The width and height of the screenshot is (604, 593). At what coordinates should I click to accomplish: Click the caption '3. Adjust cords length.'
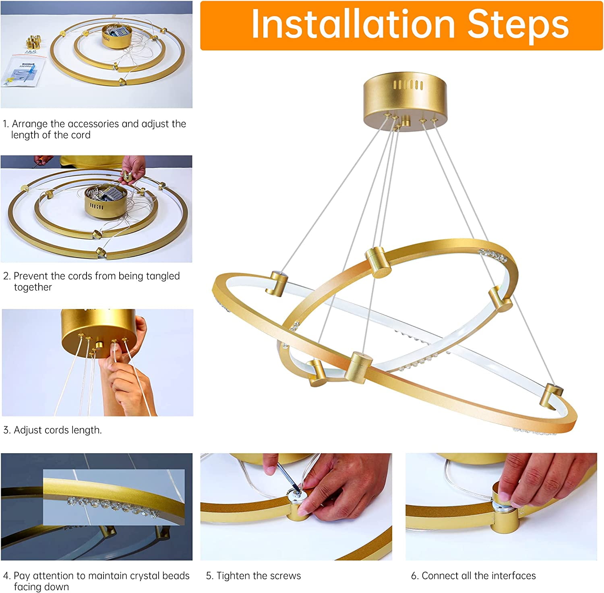(52, 430)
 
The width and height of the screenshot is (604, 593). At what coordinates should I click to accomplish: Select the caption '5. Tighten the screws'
(253, 576)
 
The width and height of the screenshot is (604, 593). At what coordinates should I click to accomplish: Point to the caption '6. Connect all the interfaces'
(473, 576)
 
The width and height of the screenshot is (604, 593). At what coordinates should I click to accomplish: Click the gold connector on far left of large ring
(278, 283)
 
